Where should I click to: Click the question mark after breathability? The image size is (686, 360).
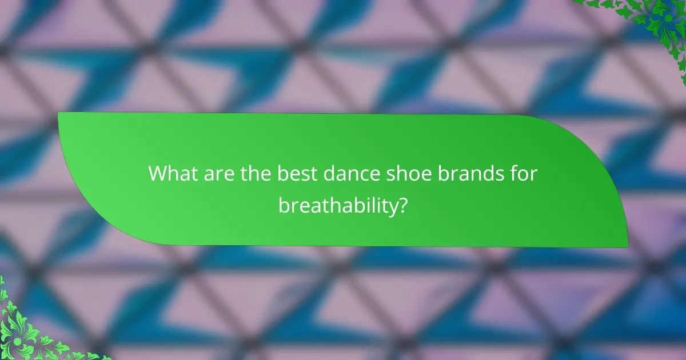403,206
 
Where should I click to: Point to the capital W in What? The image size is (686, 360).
158,174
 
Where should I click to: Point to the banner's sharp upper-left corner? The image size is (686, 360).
59,113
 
